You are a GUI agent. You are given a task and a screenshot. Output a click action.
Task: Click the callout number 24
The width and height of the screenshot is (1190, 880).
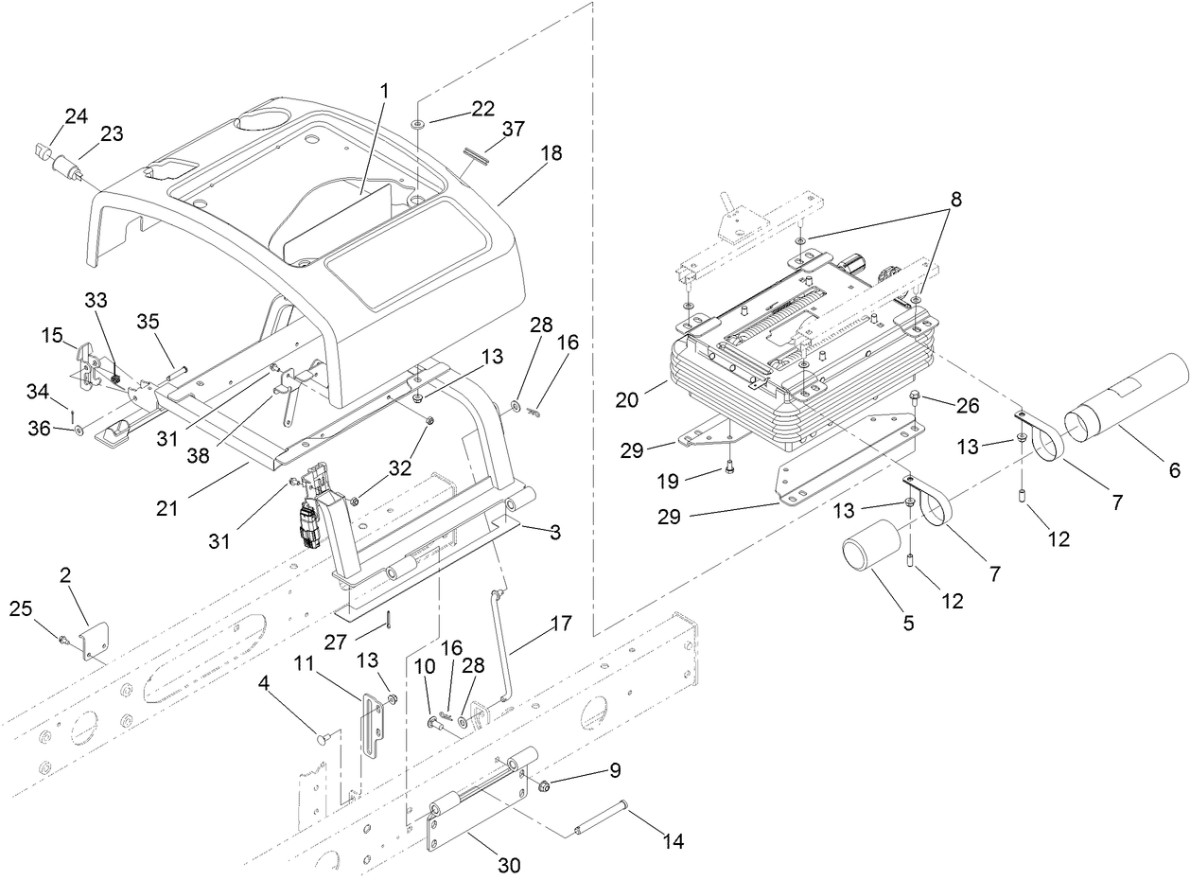tap(76, 116)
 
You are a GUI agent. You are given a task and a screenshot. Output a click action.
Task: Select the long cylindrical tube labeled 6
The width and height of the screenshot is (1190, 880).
tap(1124, 396)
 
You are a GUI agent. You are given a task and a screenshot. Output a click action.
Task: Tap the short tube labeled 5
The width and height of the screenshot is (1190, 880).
tap(869, 545)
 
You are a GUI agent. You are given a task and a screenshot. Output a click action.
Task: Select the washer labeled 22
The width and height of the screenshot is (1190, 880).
tap(417, 124)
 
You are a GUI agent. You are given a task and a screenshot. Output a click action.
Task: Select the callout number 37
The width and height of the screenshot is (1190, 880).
tap(515, 129)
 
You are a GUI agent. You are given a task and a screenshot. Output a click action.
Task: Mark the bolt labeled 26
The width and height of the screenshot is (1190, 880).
tap(914, 396)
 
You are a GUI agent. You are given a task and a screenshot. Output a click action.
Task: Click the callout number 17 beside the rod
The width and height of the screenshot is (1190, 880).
tap(560, 624)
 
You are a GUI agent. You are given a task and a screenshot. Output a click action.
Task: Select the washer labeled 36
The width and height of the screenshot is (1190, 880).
tap(79, 431)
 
